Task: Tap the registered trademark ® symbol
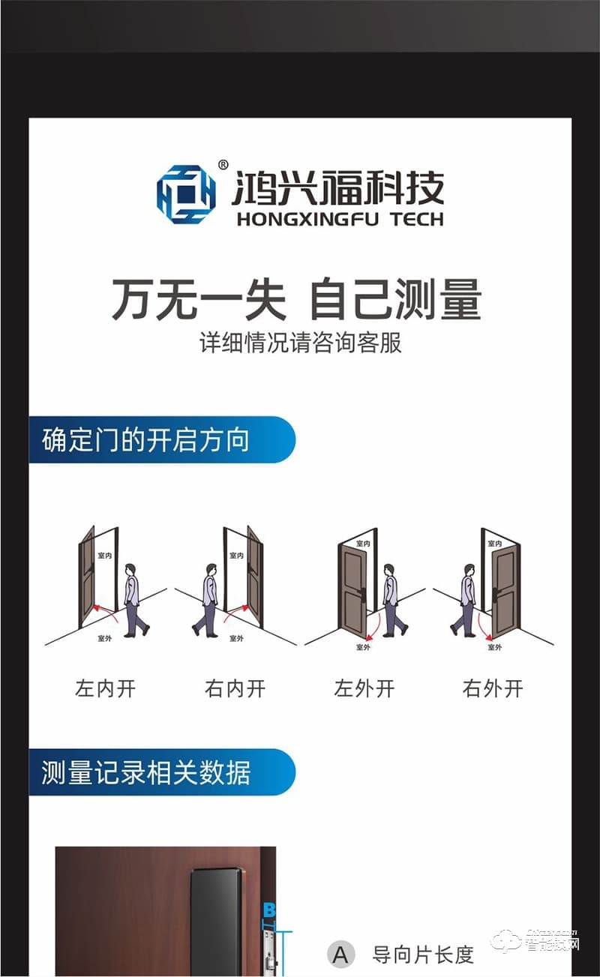pos(223,165)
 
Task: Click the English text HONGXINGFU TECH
pos(339,219)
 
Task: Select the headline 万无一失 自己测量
pos(297,299)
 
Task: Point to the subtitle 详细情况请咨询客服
pos(300,343)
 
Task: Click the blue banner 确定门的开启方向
pos(161,440)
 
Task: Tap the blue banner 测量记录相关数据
pos(161,772)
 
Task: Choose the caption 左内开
pos(106,688)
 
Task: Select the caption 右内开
pos(235,688)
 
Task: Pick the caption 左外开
pos(364,688)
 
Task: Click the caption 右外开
pos(493,688)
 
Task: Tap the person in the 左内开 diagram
pos(133,600)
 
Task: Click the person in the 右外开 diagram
pos(466,600)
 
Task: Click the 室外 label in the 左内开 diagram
pos(106,639)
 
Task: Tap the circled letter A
pos(340,955)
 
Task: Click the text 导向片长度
pos(423,955)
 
